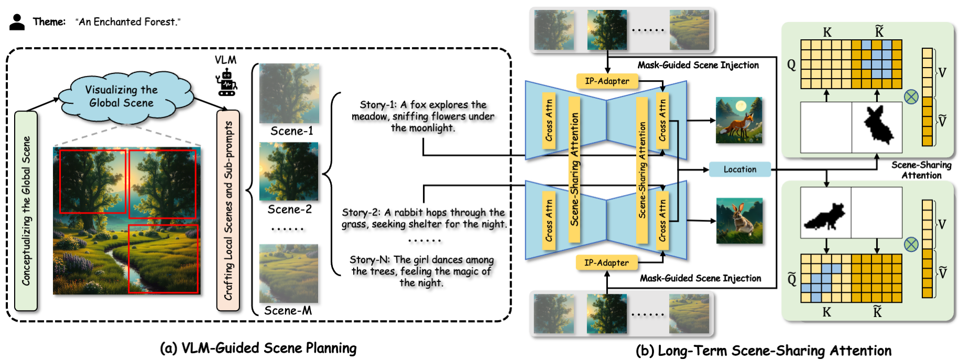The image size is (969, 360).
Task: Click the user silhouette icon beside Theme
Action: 17,22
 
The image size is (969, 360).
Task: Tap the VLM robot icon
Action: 226,82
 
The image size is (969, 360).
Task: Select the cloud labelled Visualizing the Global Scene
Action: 122,97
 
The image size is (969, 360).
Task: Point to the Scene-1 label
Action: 291,131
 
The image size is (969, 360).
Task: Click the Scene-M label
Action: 288,311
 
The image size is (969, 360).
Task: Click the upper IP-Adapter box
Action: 607,81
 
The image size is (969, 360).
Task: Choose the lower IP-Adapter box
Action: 606,263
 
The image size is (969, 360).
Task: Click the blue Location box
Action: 739,169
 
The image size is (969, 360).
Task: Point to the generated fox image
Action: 739,121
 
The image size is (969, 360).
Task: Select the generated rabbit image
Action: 739,221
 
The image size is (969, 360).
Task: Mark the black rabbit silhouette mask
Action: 877,126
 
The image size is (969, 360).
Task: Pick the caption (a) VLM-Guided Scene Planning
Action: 258,348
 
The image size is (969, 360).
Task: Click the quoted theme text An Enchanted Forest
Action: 128,22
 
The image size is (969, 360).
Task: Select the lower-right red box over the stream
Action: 163,259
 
